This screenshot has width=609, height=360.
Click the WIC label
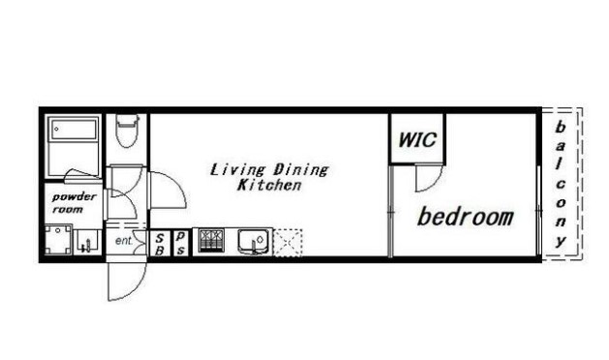417,139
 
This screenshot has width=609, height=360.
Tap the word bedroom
466,217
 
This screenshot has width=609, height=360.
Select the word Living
238,169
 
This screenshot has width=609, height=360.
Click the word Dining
301,169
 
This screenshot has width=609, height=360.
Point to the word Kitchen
269,185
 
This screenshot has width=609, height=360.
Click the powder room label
74,202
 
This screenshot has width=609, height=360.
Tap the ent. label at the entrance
124,241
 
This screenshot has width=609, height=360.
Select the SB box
160,244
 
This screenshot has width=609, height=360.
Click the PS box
180,244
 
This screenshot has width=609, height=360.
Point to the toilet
128,131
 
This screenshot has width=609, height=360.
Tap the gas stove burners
211,240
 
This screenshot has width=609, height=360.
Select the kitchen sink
254,241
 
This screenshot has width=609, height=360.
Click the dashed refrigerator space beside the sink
288,243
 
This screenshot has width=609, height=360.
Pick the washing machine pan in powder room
58,239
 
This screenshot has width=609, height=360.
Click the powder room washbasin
88,242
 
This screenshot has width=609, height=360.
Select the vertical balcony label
560,184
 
